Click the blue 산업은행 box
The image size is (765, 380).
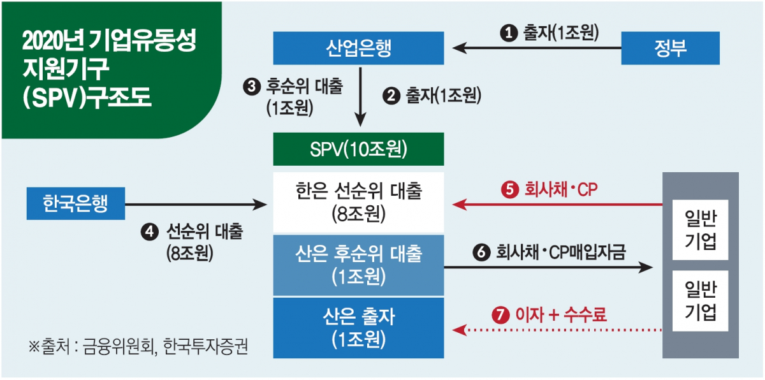pyautogui.click(x=358, y=47)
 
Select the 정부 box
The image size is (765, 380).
pyautogui.click(x=670, y=48)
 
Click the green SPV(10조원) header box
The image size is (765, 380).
pyautogui.click(x=358, y=149)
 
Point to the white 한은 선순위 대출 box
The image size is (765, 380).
pyautogui.click(x=358, y=202)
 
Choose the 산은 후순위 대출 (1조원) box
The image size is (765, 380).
pyautogui.click(x=358, y=265)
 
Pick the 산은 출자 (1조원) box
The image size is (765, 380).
pyautogui.click(x=358, y=326)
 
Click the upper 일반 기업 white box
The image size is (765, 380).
pyautogui.click(x=701, y=230)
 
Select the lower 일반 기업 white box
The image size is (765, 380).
pyautogui.click(x=701, y=300)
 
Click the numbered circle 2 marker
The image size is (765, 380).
pyautogui.click(x=391, y=96)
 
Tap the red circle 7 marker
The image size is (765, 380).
pyautogui.click(x=499, y=314)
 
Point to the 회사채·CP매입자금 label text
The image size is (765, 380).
pyautogui.click(x=560, y=252)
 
